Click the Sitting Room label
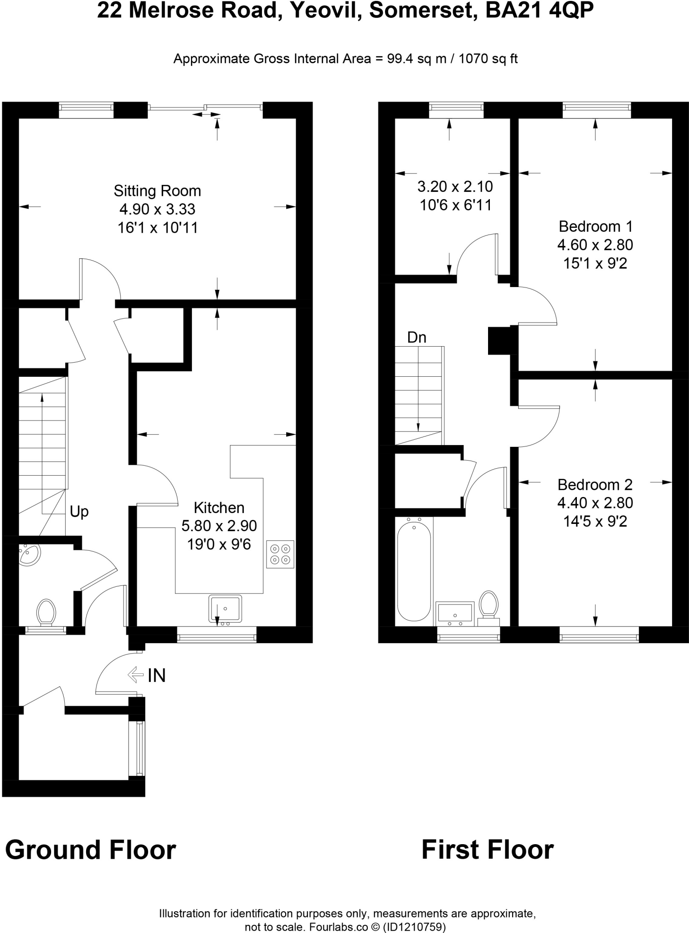click(x=157, y=191)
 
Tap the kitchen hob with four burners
click(x=280, y=554)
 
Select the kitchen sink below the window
click(x=225, y=609)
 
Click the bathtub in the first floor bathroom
click(x=414, y=571)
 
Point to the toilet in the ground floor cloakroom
click(x=46, y=611)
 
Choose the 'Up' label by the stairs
click(x=79, y=512)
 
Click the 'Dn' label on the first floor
click(x=416, y=338)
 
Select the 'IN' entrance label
click(x=156, y=676)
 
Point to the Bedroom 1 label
click(x=595, y=226)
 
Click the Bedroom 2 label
click(x=595, y=485)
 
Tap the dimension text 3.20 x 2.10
click(x=455, y=187)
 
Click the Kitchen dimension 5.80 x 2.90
click(x=219, y=526)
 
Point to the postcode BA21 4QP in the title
click(x=540, y=11)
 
